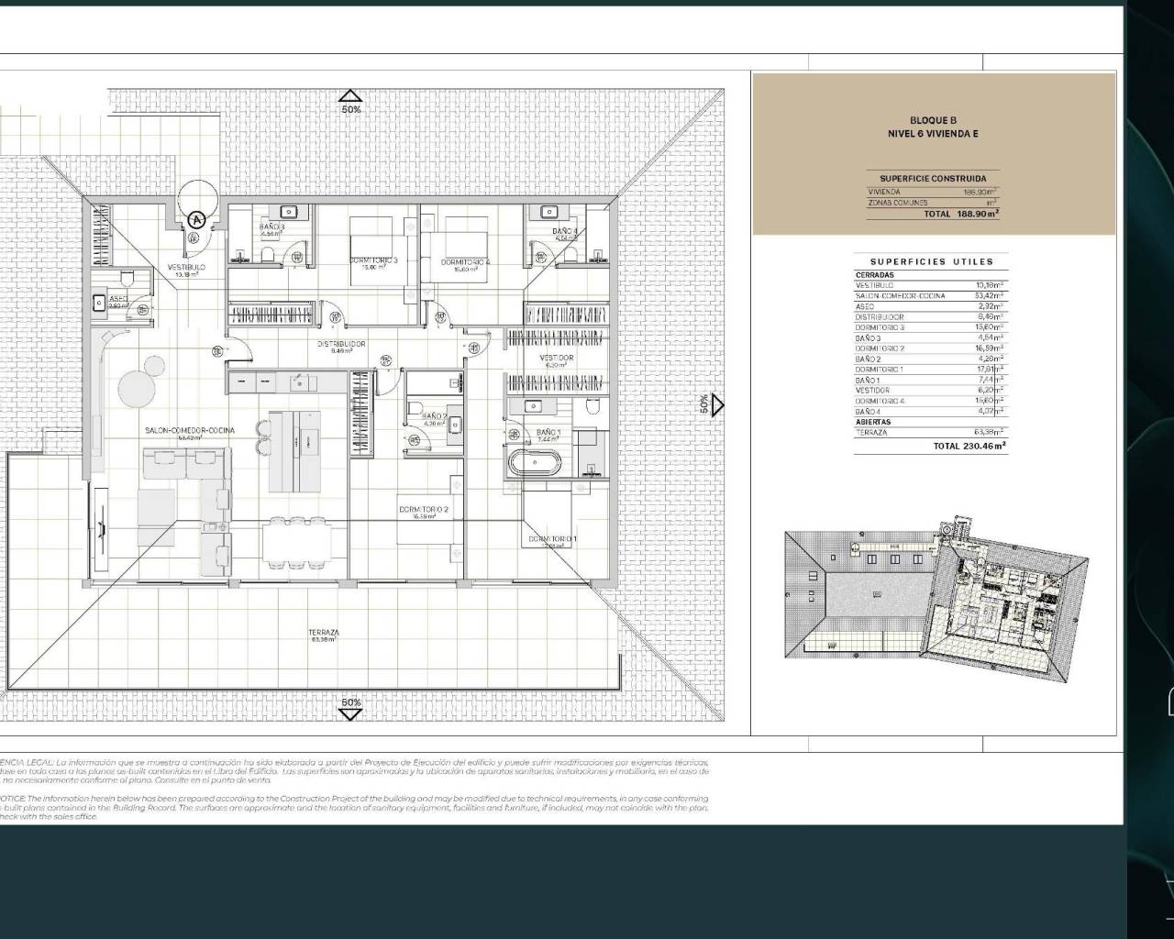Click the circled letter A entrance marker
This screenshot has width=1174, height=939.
click(x=197, y=219)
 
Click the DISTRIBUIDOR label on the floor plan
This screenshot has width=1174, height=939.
click(x=341, y=344)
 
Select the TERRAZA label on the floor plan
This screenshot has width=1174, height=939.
click(x=323, y=633)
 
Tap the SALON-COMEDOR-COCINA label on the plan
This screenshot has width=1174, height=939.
click(x=189, y=430)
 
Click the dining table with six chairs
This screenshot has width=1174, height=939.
click(x=293, y=541)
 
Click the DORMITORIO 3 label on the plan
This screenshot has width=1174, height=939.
click(x=373, y=260)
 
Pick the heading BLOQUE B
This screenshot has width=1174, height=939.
click(x=933, y=120)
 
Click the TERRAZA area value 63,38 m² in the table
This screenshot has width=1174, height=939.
click(x=989, y=432)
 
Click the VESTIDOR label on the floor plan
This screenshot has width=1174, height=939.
click(x=556, y=358)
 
